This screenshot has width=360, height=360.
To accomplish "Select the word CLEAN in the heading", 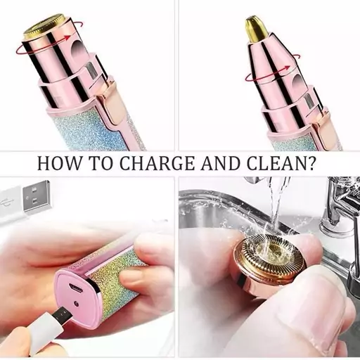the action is (x=275, y=163).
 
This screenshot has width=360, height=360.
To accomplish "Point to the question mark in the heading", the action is (x=310, y=163).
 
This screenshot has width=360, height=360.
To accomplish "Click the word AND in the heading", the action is (x=220, y=163).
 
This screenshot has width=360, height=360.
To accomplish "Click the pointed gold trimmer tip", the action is (x=255, y=27).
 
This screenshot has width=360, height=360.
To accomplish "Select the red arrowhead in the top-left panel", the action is (x=67, y=38).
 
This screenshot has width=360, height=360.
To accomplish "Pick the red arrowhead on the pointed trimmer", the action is (x=286, y=68).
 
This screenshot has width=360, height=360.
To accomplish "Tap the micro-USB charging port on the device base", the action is (x=75, y=288).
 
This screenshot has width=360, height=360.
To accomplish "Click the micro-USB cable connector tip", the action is (x=63, y=315).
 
